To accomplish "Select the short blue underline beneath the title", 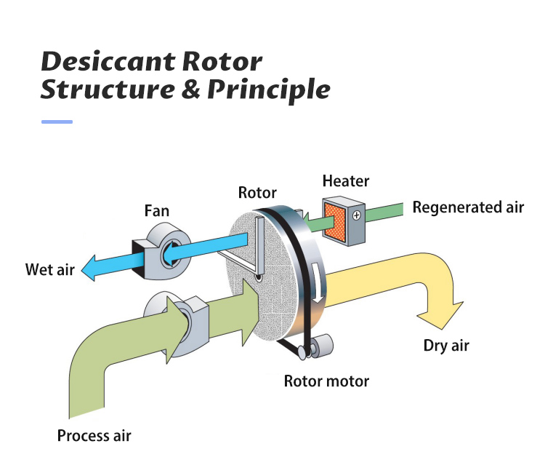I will [57, 122].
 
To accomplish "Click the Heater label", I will [346, 181].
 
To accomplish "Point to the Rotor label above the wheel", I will [257, 193].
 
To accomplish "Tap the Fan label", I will [156, 212].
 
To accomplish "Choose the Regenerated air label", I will [468, 207].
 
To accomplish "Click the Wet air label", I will [50, 270].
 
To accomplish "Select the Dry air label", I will [446, 345].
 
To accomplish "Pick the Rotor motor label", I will [326, 381].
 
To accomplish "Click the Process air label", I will [94, 436].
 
